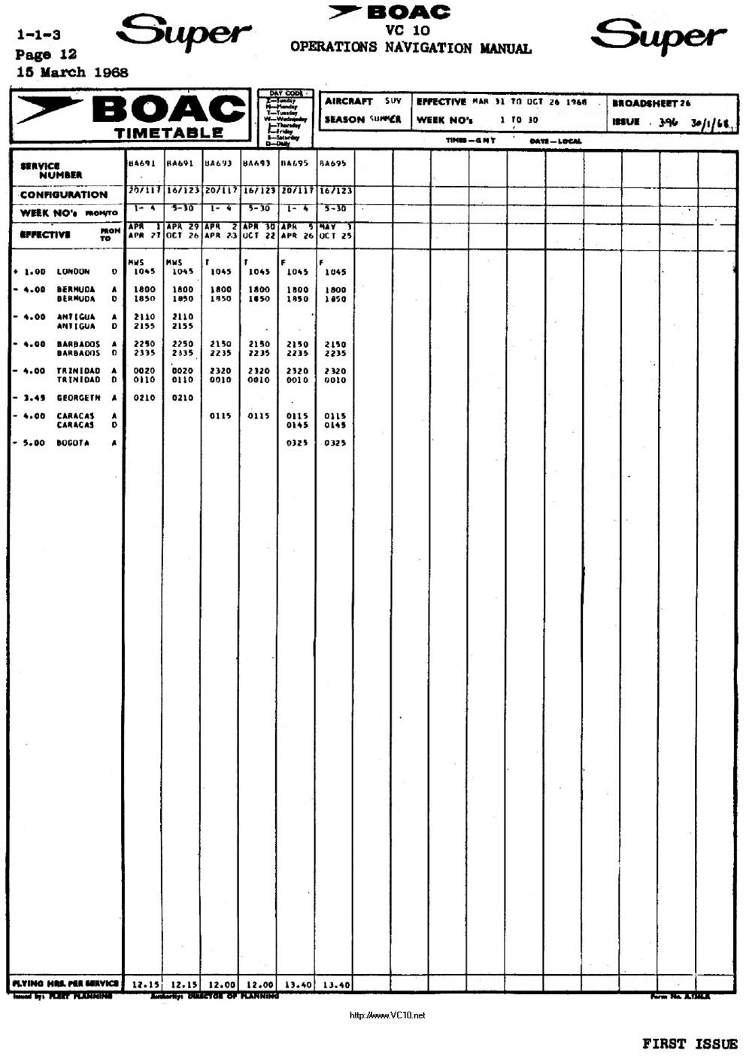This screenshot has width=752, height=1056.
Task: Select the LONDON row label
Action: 73,272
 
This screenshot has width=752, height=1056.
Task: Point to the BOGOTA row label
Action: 73,443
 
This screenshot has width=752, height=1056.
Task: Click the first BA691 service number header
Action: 142,163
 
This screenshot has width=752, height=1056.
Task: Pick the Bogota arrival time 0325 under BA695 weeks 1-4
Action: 297,443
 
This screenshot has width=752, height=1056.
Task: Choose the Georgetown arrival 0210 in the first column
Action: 144,398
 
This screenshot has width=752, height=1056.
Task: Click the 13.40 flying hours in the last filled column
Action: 335,984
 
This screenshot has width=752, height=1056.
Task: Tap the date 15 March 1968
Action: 72,73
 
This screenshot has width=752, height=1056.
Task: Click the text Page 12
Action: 46,54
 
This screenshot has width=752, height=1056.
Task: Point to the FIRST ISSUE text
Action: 690,1043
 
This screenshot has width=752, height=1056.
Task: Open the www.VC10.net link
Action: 388,1015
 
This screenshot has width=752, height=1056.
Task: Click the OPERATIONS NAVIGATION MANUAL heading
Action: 411,48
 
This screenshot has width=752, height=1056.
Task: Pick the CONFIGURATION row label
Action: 64,194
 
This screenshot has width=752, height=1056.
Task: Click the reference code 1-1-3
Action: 38,35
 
